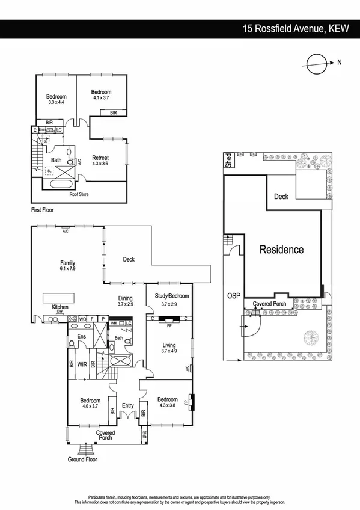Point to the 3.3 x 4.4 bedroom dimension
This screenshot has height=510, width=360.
(56, 102)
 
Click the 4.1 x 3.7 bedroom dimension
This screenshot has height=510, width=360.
(101, 97)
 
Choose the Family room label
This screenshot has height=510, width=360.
(67, 263)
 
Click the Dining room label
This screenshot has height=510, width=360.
(125, 298)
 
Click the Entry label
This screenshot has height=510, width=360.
(128, 406)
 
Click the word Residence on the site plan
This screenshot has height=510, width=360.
(281, 249)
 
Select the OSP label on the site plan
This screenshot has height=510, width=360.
(234, 296)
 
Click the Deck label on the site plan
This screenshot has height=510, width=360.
(281, 197)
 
